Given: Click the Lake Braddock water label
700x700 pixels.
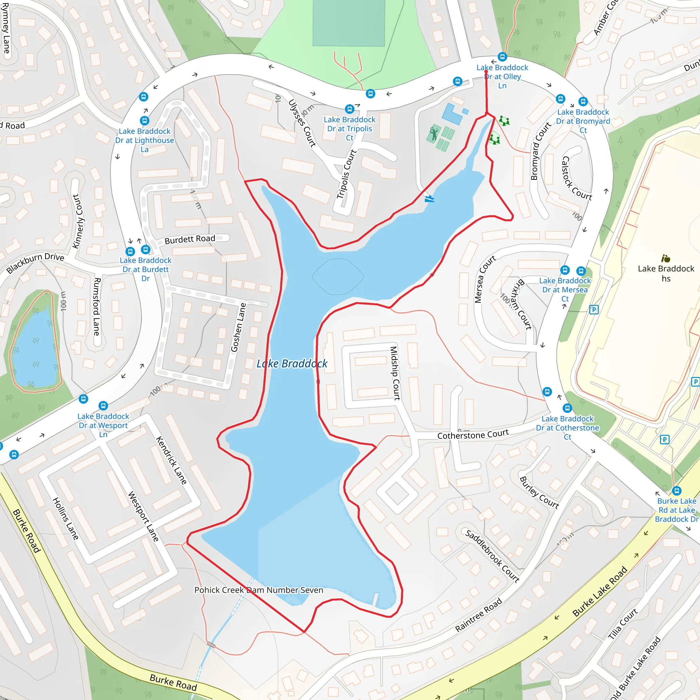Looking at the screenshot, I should click(x=292, y=363).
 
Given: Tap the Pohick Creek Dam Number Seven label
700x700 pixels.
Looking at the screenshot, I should click(x=259, y=590).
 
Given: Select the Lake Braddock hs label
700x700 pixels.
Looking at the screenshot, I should click(x=666, y=273).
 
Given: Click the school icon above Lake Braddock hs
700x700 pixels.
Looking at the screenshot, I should click(x=665, y=258).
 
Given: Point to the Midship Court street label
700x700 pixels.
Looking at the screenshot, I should click(x=394, y=373).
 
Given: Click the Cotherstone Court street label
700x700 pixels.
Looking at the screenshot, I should click(x=473, y=434).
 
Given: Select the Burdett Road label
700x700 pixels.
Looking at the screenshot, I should click(x=189, y=239).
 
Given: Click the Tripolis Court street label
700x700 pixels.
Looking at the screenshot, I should click(x=346, y=174).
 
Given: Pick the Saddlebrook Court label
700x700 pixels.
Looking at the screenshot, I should click(x=493, y=556).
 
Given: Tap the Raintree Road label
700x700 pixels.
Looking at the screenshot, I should click(x=478, y=615).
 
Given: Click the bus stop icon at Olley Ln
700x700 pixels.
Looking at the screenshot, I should click(x=502, y=57).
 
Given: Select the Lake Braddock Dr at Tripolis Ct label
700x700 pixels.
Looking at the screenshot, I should click(x=349, y=128).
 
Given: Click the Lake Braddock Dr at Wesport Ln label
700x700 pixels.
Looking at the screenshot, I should click(x=103, y=425).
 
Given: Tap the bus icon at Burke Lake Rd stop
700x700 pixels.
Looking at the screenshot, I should click(x=676, y=490).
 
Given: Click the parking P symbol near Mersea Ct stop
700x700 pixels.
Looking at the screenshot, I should click(x=593, y=310).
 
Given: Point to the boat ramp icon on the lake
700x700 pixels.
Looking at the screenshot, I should click(x=429, y=198).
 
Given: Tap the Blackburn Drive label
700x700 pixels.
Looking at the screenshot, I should click(x=35, y=263).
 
